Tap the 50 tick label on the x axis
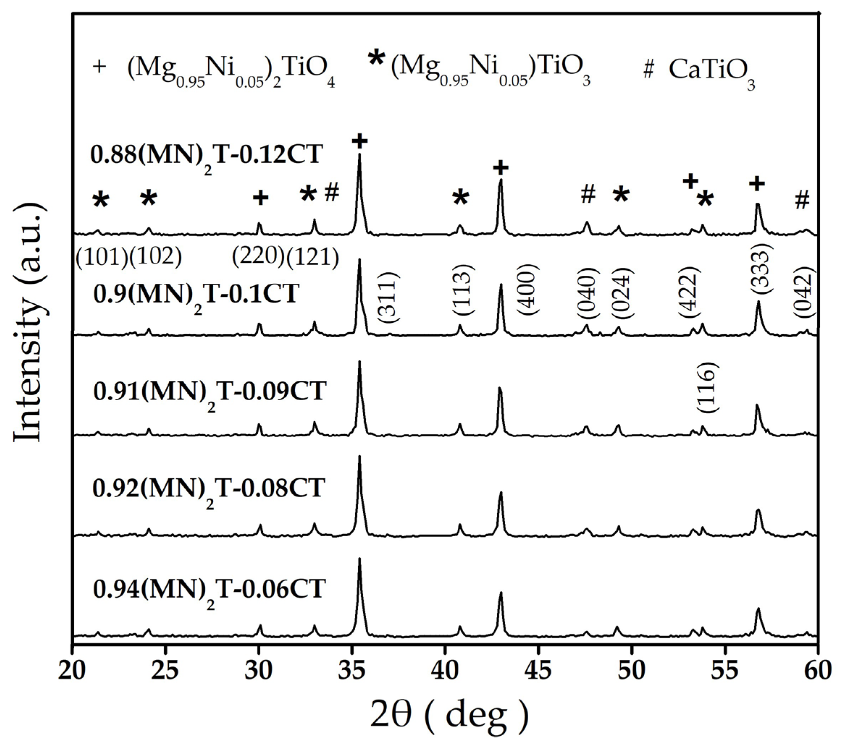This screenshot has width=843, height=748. (632, 671)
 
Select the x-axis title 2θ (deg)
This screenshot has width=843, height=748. (449, 716)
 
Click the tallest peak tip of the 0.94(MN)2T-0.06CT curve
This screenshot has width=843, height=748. (360, 559)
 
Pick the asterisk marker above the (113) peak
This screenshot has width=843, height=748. (461, 198)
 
